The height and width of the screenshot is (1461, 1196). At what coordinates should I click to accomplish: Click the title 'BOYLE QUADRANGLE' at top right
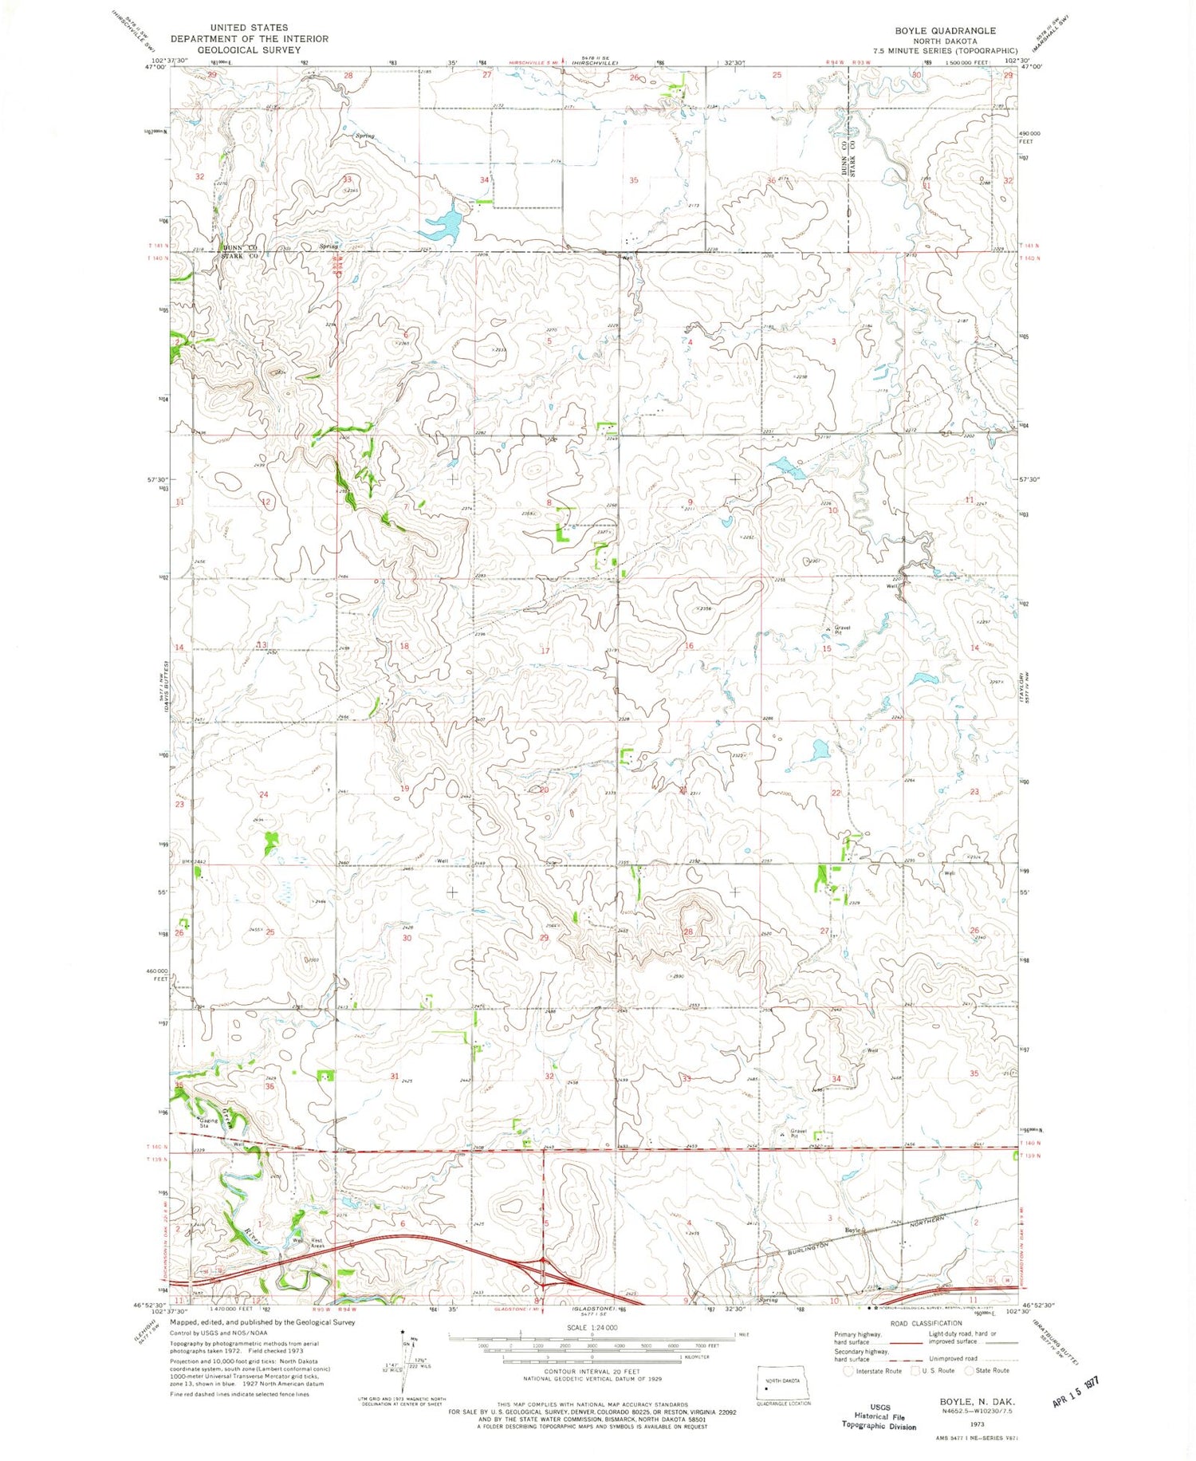(x=934, y=31)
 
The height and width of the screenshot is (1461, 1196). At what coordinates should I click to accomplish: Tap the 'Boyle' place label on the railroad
(x=853, y=1230)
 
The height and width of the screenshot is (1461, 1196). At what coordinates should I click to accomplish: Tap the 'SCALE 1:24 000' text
(x=592, y=1328)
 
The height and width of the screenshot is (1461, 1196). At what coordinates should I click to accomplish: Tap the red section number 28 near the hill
(x=688, y=932)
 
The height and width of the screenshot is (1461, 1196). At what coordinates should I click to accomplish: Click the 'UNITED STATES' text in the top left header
(x=249, y=28)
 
